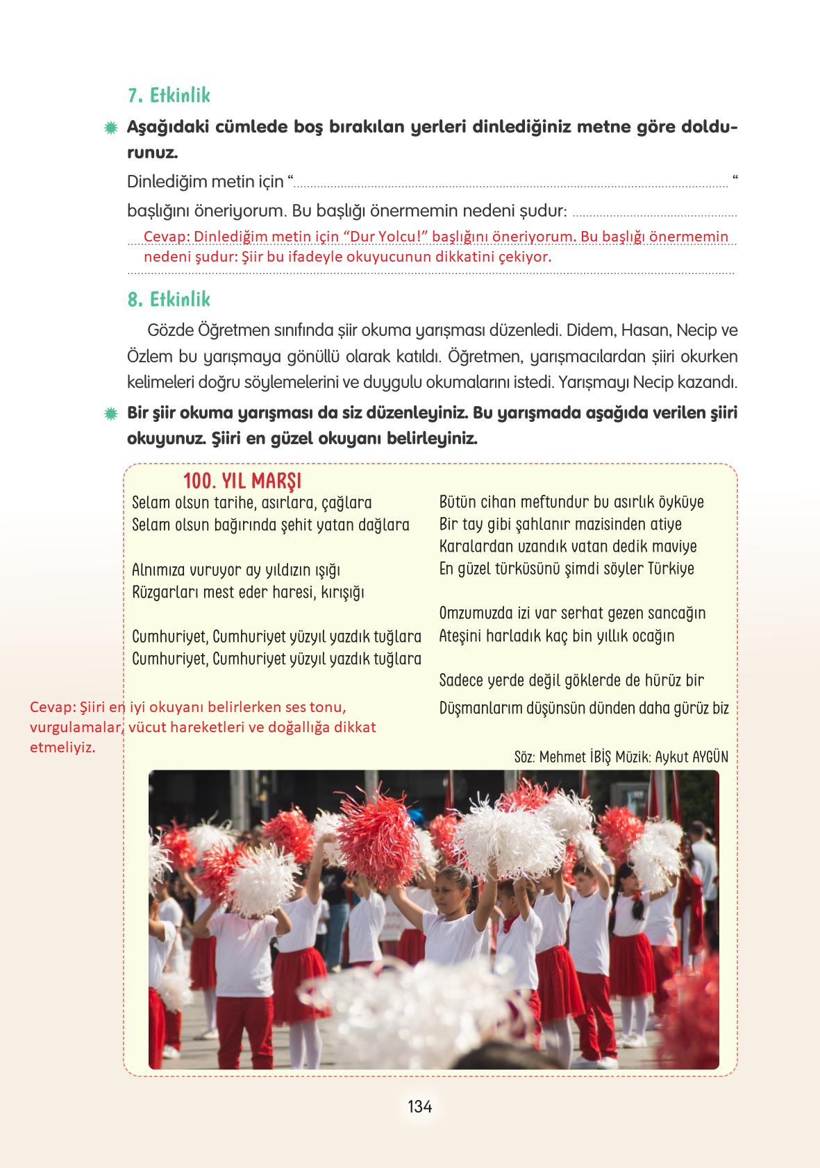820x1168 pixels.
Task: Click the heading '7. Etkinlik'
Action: [x=169, y=95]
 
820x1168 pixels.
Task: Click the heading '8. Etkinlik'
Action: [x=169, y=299]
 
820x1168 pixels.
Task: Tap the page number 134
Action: [x=420, y=1106]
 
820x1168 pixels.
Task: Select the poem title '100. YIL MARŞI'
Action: [x=242, y=481]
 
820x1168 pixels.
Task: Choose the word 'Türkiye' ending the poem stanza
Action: [x=671, y=569]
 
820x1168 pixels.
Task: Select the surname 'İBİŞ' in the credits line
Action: [x=601, y=756]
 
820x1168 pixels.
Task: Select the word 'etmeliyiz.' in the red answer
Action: [x=62, y=747]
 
